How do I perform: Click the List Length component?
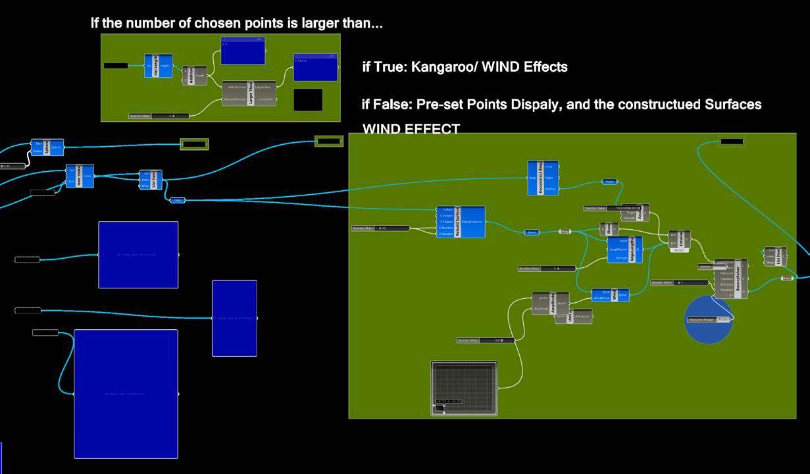158,66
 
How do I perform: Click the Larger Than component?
251,93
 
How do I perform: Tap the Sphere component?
47,147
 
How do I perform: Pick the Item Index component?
80,176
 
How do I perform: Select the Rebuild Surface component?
461,221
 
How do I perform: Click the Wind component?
610,295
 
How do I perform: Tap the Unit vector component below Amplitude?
572,317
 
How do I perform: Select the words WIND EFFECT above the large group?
411,129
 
